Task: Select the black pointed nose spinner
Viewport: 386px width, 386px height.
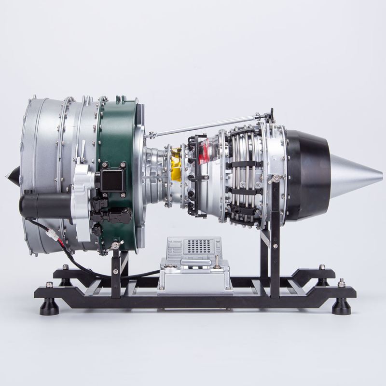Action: tap(14, 175)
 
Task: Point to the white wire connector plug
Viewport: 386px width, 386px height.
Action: tap(51, 235)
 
